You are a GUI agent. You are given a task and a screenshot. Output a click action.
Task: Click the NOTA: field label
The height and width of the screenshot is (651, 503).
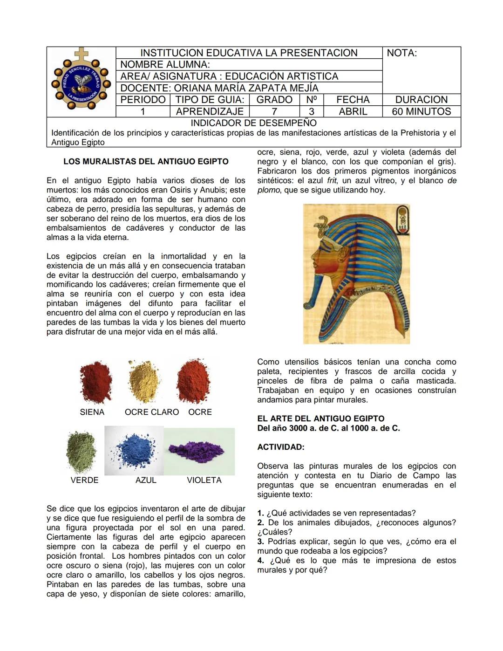coord(401,53)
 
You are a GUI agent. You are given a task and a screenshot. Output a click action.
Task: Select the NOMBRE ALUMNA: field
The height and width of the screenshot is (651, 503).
coord(165,65)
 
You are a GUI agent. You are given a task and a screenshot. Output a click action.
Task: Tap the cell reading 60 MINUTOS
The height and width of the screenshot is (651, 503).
coord(421,111)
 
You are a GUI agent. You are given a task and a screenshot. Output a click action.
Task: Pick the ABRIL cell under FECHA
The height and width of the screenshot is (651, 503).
coord(353,111)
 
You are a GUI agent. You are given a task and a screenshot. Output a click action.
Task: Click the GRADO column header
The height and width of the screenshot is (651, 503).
coord(274,100)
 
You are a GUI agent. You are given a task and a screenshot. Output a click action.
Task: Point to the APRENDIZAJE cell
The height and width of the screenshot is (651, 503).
coord(210,111)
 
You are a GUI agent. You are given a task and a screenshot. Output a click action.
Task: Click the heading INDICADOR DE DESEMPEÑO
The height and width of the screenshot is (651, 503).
coord(253,123)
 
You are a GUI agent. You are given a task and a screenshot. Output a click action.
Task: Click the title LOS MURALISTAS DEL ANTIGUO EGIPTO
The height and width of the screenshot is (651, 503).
coord(146,162)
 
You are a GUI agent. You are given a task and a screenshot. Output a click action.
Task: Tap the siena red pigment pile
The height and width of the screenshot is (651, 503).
coord(95,381)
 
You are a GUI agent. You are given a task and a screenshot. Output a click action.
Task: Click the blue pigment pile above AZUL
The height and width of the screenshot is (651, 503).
coord(135,450)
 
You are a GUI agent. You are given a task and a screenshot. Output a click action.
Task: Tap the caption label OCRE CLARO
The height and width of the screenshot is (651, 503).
coord(151,412)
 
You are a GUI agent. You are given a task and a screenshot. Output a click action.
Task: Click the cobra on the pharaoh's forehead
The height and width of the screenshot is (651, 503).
coord(321,229)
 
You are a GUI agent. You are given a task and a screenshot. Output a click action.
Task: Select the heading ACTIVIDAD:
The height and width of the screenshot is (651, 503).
coord(280,447)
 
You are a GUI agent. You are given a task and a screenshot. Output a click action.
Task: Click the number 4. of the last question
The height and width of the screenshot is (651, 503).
coord(260,561)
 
